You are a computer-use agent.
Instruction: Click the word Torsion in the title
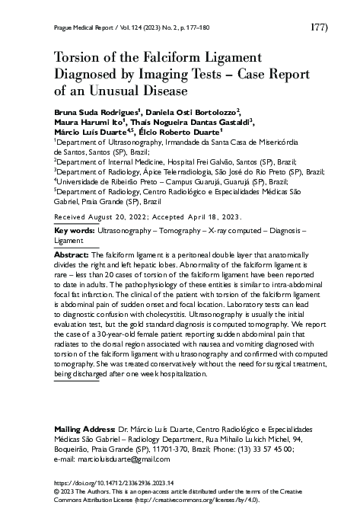[78, 58]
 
